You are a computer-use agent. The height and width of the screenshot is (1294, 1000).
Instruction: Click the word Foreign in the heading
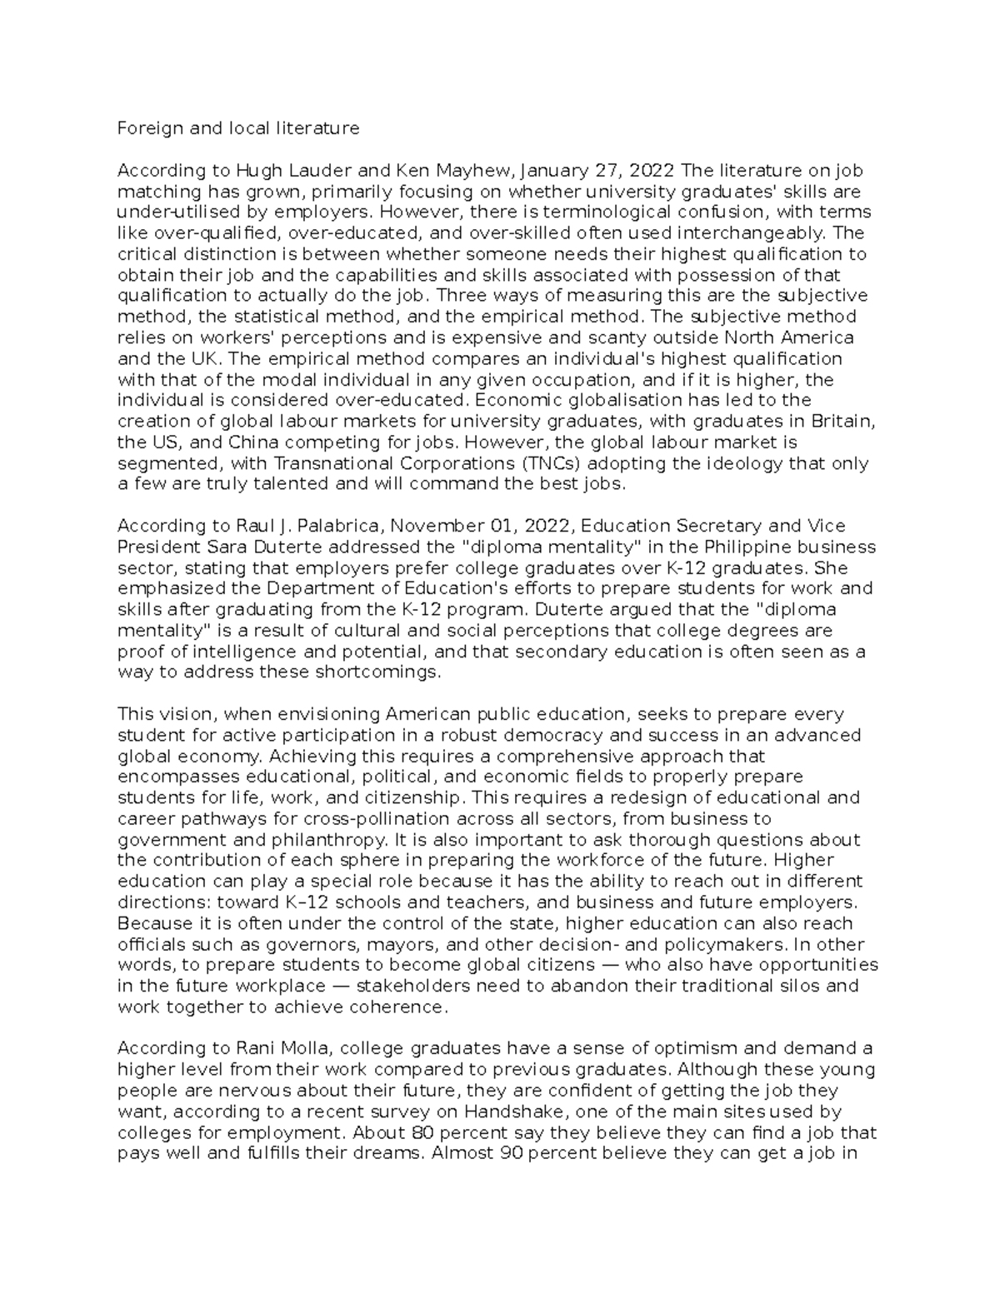(145, 128)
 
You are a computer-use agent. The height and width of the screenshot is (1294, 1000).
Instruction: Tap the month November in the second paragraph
(433, 527)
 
